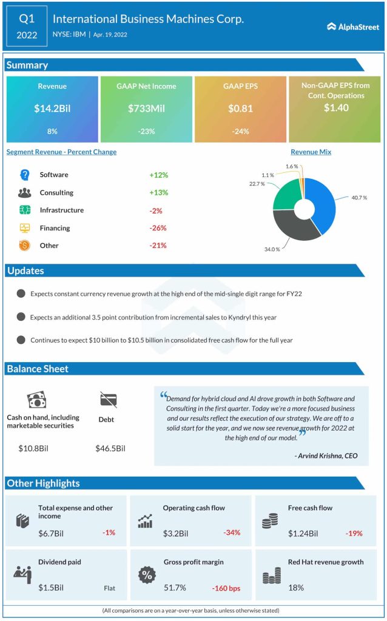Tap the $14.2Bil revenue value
click(52, 109)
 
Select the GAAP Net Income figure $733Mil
click(146, 109)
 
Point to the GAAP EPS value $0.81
click(240, 109)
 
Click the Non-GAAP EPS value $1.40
click(335, 108)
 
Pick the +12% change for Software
click(158, 175)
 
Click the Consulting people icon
click(25, 193)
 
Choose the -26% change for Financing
click(158, 228)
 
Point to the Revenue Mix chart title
click(311, 152)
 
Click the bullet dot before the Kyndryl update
click(21, 317)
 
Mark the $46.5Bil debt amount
click(110, 449)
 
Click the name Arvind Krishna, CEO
click(328, 455)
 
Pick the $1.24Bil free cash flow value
click(303, 533)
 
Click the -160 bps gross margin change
click(226, 588)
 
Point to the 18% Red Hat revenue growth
click(295, 588)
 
